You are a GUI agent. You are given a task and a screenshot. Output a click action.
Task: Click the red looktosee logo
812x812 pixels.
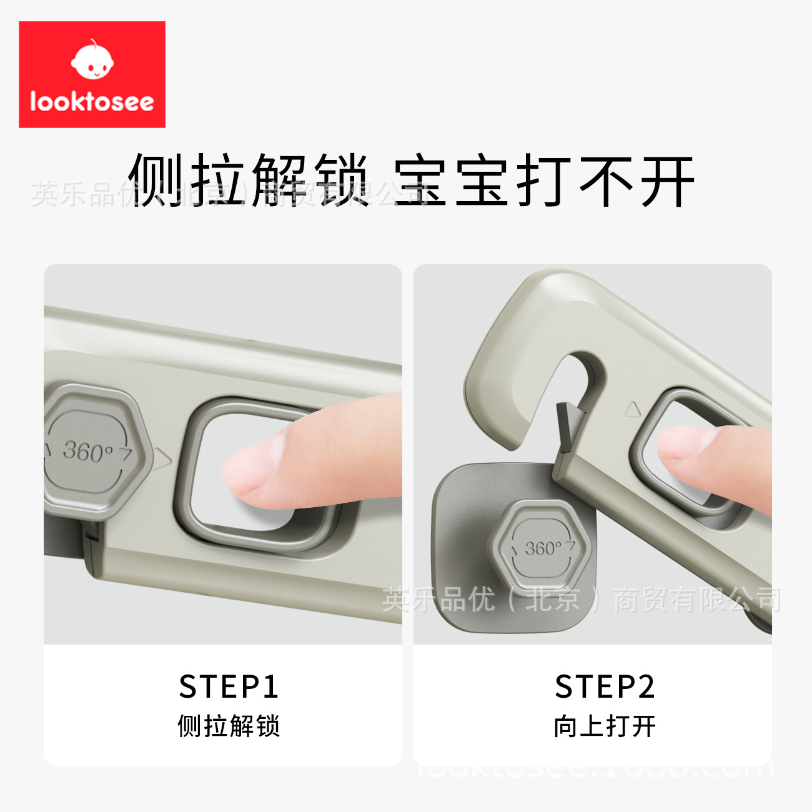pos(92,74)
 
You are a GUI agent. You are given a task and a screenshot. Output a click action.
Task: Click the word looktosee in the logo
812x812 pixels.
pos(92,101)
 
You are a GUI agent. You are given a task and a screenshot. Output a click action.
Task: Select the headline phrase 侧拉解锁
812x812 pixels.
pos(249,180)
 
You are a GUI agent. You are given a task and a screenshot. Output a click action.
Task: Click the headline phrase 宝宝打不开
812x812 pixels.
pos(543,181)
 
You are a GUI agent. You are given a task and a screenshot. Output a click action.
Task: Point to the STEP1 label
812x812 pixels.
pos(229,687)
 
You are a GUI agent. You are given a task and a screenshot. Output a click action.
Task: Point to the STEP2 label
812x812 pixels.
pos(605,687)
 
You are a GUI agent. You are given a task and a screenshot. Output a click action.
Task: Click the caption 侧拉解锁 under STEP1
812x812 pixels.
pos(229,726)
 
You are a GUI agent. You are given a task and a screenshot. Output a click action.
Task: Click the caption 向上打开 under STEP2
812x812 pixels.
pos(605,726)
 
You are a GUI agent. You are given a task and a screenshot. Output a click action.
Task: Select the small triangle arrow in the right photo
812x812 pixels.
pos(633,410)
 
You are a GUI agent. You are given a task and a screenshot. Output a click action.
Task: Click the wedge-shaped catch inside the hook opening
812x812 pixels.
pos(569,425)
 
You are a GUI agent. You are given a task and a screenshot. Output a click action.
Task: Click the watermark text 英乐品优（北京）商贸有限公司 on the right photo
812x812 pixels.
pos(581,600)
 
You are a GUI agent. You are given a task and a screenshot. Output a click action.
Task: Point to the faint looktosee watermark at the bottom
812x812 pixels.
pos(593,767)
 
